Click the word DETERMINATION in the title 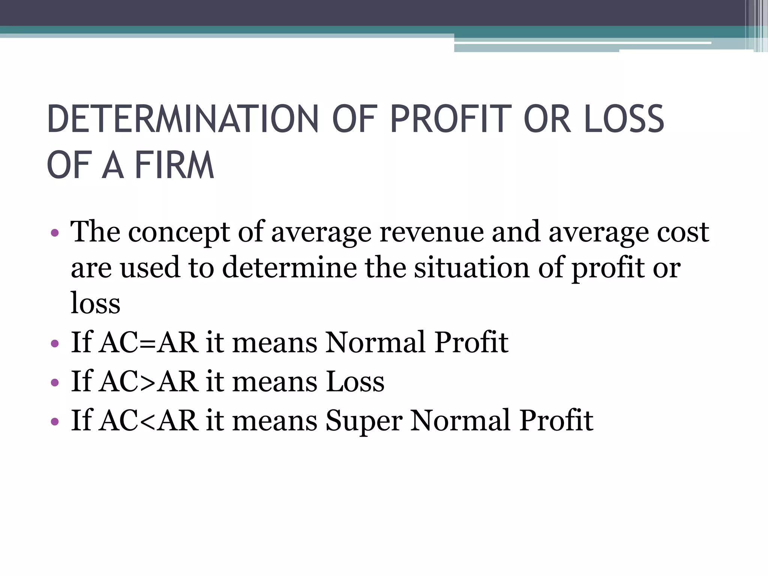(x=182, y=119)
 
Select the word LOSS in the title (x=624, y=119)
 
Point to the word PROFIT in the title (x=451, y=119)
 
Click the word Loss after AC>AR (x=355, y=381)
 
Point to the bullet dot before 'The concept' (x=55, y=233)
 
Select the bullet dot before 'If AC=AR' (x=55, y=343)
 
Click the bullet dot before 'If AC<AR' (x=55, y=421)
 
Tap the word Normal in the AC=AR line (x=375, y=342)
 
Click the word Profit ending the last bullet (x=556, y=420)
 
